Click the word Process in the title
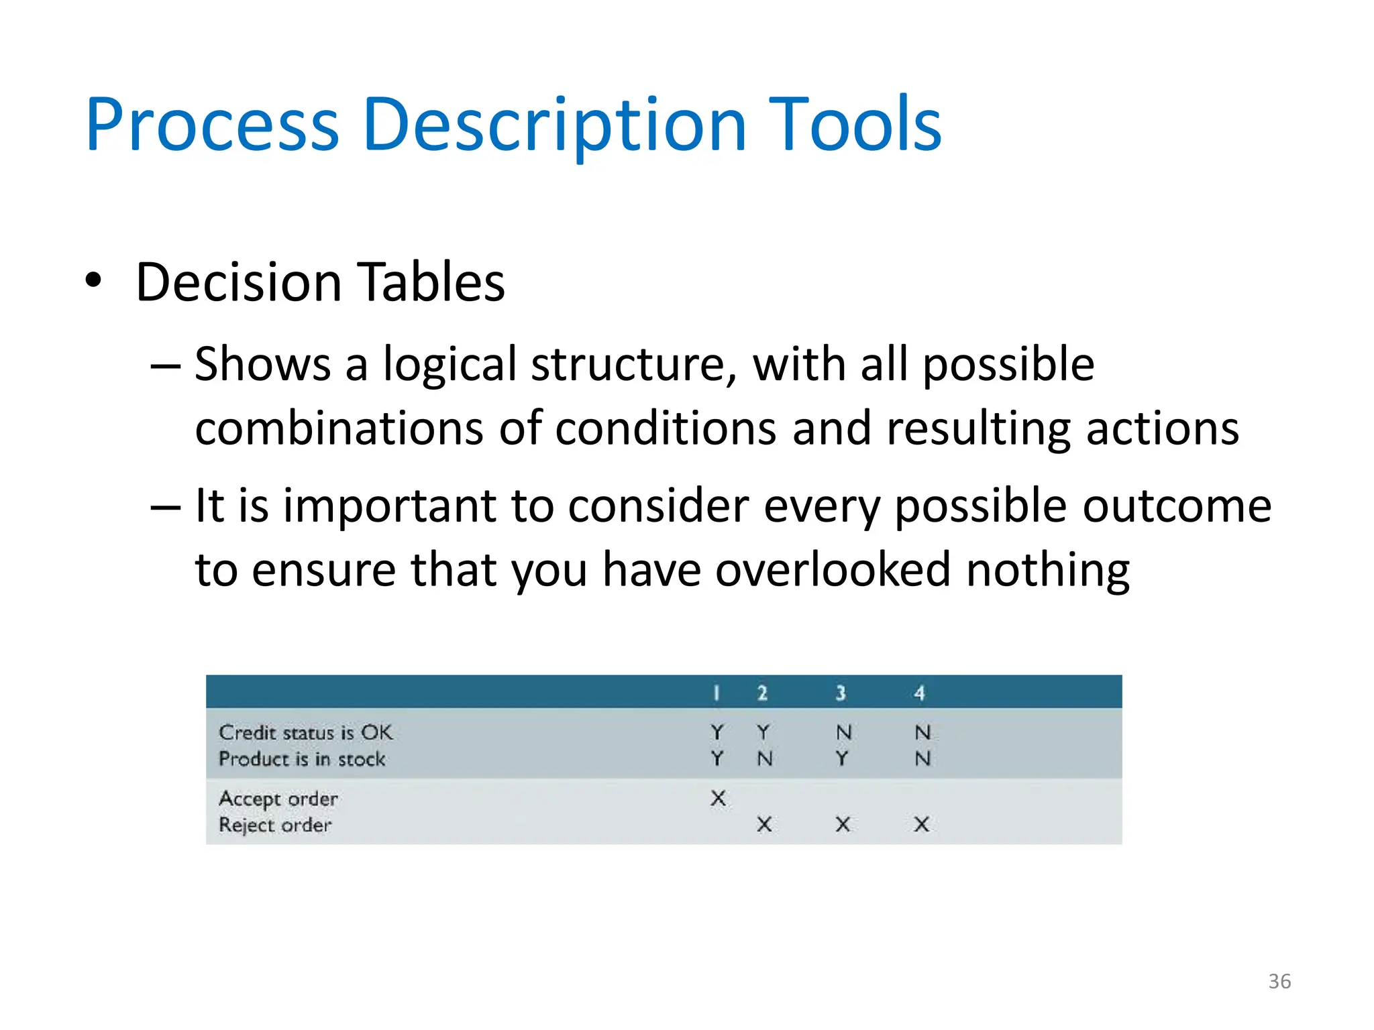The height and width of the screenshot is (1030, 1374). (212, 125)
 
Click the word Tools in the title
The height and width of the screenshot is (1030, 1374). (855, 125)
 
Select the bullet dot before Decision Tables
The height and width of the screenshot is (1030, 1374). (94, 280)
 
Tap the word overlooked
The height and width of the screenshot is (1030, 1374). (833, 570)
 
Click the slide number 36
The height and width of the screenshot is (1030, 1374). (1279, 981)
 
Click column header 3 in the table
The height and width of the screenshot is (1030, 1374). (841, 693)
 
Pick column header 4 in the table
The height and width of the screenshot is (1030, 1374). (919, 693)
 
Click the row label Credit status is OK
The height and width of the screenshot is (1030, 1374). (305, 732)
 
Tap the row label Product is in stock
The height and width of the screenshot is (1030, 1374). (302, 759)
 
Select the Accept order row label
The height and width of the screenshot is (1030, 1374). (278, 799)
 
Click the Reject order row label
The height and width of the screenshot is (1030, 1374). (275, 825)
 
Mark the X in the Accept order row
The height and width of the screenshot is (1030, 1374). (718, 798)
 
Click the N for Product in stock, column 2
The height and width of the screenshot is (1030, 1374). (764, 758)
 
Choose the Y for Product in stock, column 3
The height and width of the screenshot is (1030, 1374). (842, 758)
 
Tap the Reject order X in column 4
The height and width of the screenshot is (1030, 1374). (922, 824)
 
